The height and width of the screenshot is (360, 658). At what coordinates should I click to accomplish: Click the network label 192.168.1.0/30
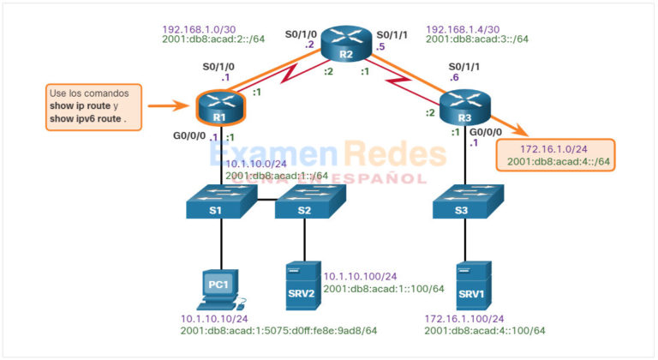(201, 28)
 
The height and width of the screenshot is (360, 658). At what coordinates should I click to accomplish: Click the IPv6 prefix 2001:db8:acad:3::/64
(477, 39)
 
